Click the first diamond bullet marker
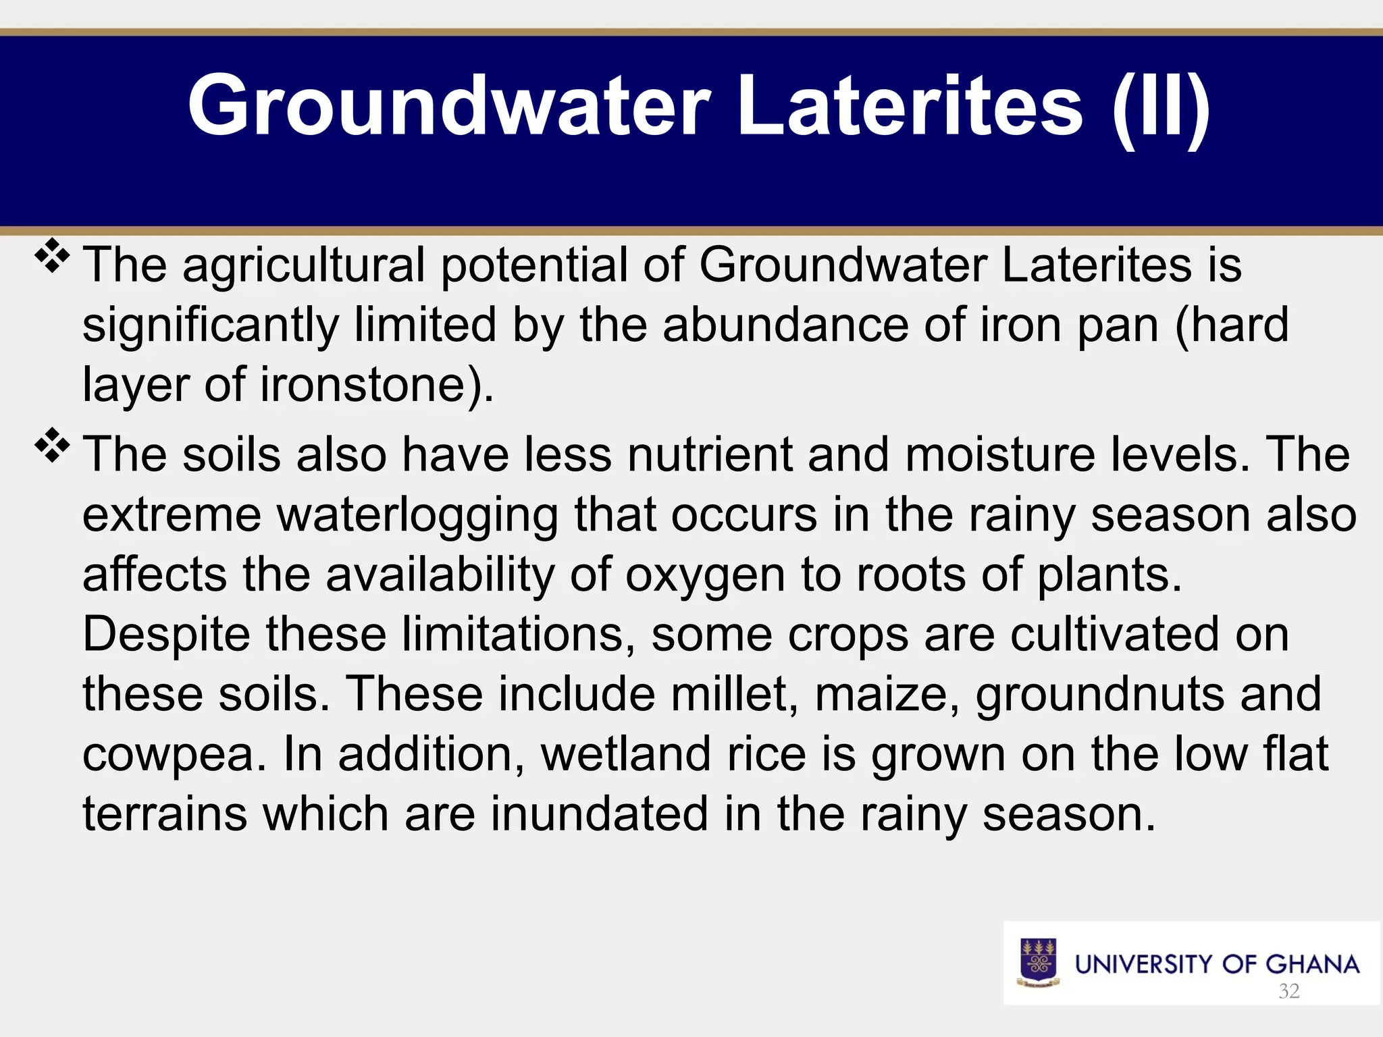(53, 257)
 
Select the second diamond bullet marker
(53, 446)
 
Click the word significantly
(210, 325)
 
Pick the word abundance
(785, 325)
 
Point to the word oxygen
(705, 576)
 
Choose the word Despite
(166, 635)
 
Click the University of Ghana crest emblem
(1038, 963)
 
